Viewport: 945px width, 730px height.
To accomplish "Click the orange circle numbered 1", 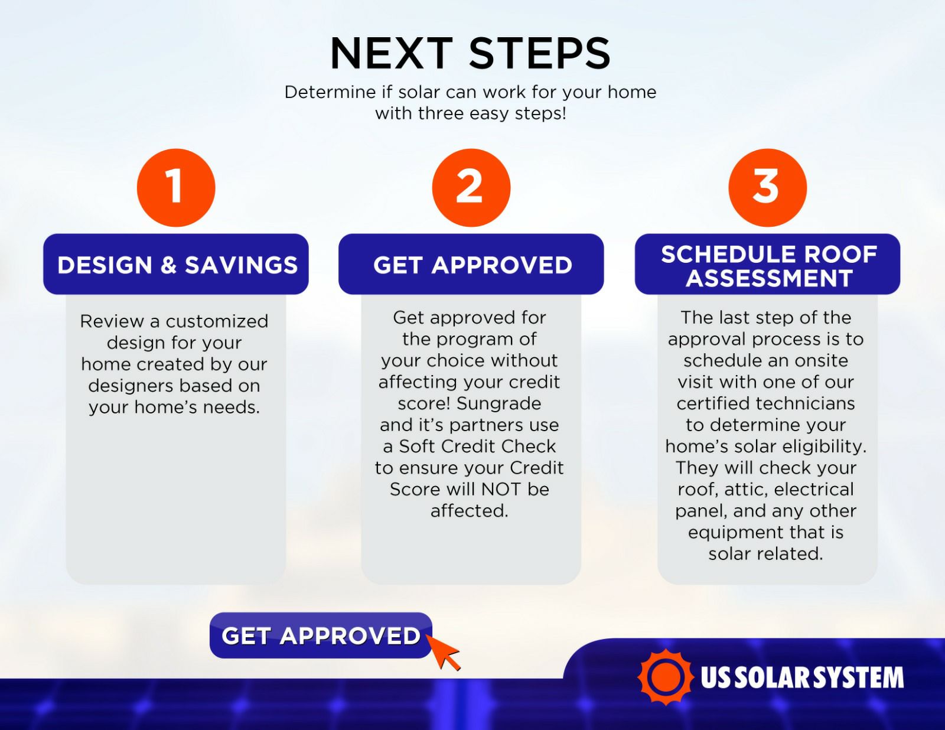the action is click(176, 187).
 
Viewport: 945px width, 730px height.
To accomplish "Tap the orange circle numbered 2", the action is click(471, 187).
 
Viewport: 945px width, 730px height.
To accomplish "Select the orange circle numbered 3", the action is click(768, 187).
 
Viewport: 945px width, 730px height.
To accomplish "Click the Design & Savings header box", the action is click(176, 264).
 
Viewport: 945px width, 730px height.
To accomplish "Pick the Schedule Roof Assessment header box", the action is click(768, 264).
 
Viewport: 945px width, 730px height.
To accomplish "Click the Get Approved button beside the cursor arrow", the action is click(321, 636).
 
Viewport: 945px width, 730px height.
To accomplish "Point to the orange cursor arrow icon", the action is click(443, 652).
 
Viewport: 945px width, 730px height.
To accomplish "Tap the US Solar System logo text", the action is click(802, 677).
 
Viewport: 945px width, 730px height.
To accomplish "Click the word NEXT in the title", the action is click(392, 53).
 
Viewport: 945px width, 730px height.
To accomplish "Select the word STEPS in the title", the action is click(540, 53).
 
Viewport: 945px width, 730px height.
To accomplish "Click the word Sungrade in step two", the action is click(498, 403).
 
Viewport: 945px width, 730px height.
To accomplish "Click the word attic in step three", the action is click(747, 490).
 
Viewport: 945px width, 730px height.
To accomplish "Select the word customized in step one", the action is click(217, 321).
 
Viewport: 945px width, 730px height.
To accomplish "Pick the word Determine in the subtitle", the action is click(330, 92).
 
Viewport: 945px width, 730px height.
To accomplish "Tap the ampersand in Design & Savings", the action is click(169, 265).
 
